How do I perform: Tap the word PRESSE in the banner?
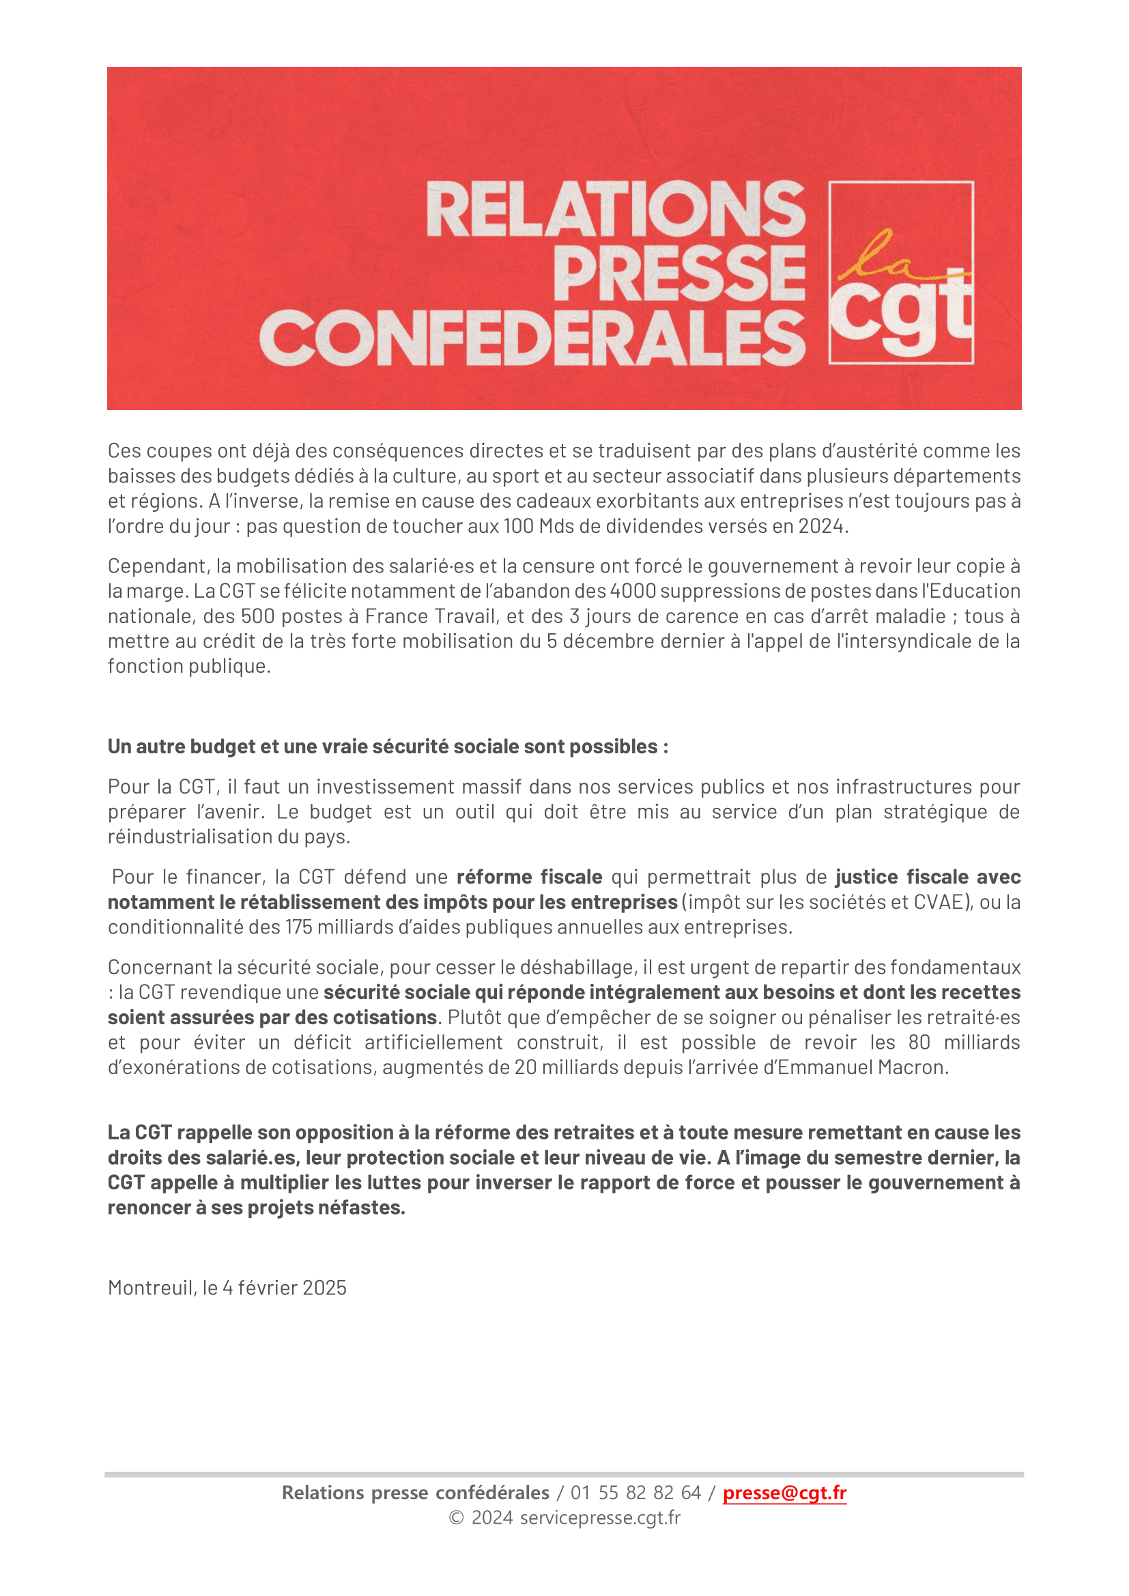point(679,272)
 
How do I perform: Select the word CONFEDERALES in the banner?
point(532,338)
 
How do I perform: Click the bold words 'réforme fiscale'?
point(529,877)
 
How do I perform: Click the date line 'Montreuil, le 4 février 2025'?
point(227,1288)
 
